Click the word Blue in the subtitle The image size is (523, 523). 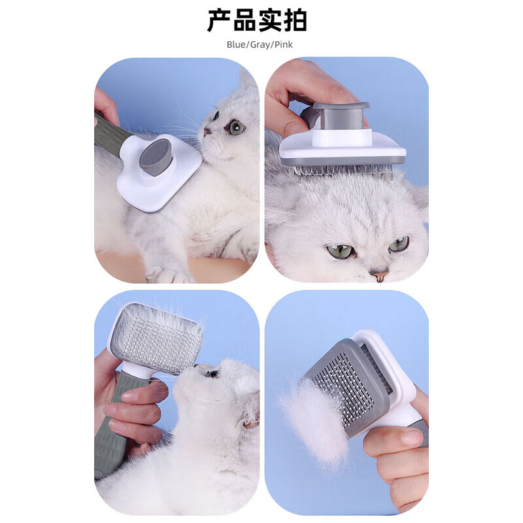pyautogui.click(x=236, y=45)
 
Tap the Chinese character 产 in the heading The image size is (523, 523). pyautogui.click(x=220, y=20)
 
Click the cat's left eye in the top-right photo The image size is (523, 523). pyautogui.click(x=339, y=251)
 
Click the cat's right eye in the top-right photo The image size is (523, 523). pyautogui.click(x=399, y=245)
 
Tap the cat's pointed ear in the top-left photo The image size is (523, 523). pyautogui.click(x=246, y=82)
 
